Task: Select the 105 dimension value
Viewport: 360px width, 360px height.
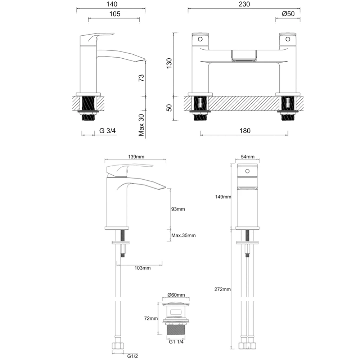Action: point(113,14)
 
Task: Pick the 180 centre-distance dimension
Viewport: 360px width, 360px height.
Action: point(244,131)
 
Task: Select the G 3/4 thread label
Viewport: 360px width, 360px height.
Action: point(108,131)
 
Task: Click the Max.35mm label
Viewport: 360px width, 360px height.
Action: point(183,235)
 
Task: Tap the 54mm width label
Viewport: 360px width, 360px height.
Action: point(247,157)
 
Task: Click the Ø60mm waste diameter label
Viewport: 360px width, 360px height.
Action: point(176,295)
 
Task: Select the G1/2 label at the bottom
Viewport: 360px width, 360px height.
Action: point(132,356)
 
